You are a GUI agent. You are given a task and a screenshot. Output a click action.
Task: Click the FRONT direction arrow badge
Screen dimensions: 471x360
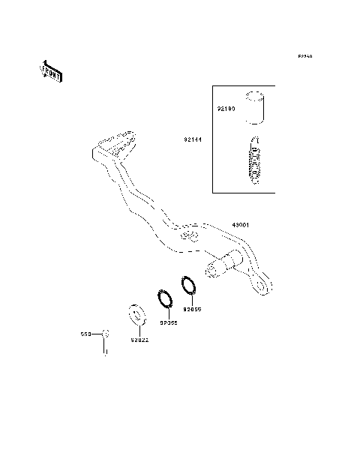[x=49, y=70]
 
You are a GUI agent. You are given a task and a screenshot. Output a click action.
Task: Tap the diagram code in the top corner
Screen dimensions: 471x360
[x=304, y=56]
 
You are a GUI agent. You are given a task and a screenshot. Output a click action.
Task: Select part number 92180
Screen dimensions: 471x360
[x=227, y=109]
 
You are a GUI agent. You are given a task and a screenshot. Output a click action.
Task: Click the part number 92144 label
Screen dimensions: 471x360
[x=191, y=139]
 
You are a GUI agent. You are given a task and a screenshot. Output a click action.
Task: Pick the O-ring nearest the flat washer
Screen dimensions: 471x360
[x=166, y=298]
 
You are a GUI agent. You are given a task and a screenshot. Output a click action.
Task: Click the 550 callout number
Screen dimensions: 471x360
[x=85, y=334]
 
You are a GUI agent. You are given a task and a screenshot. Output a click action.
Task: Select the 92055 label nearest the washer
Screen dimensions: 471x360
[x=168, y=323]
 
